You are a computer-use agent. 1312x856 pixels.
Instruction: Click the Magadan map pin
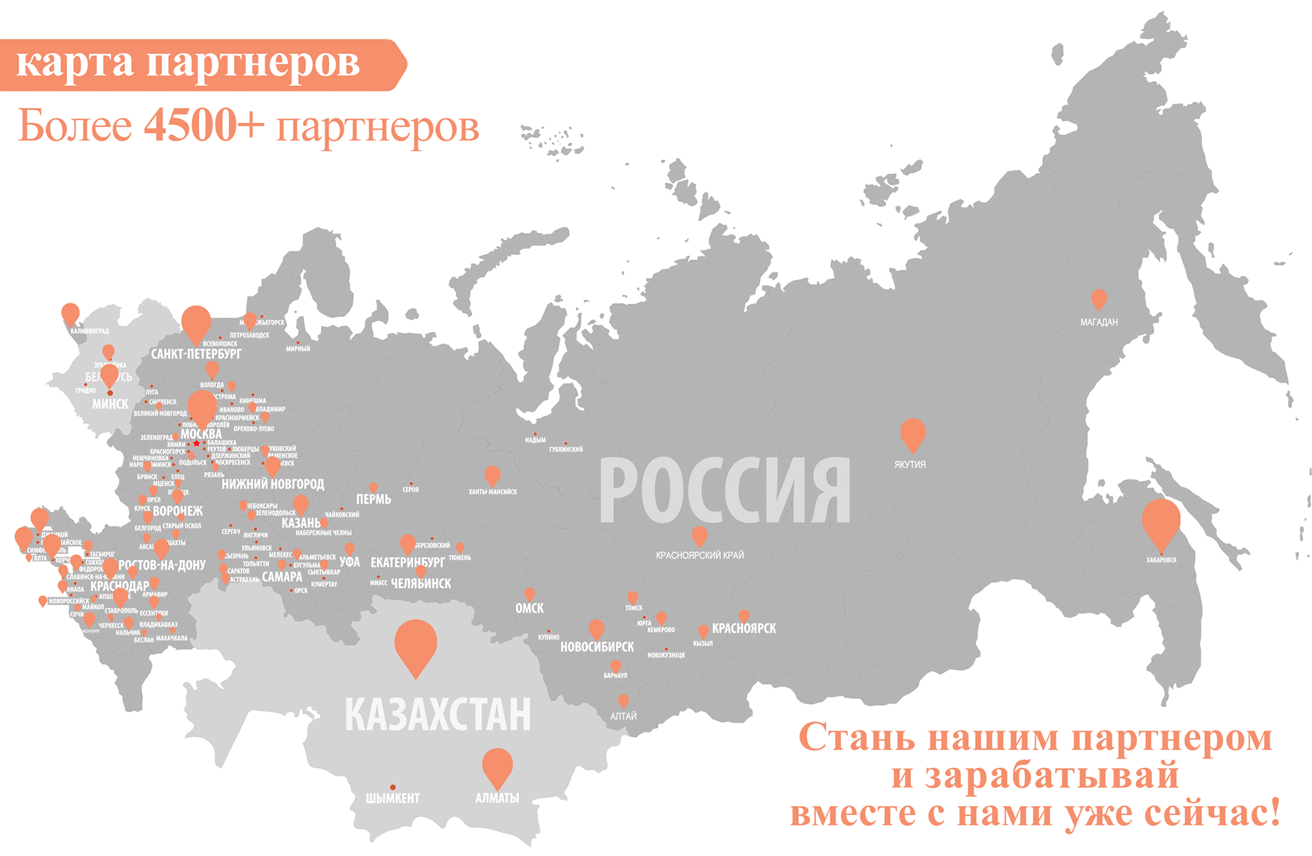pyautogui.click(x=1099, y=299)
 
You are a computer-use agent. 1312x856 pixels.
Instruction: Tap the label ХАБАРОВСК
pyautogui.click(x=1161, y=560)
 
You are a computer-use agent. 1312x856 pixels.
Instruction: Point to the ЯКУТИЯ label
pyautogui.click(x=910, y=465)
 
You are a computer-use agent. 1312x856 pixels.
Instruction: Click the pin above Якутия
pyautogui.click(x=913, y=432)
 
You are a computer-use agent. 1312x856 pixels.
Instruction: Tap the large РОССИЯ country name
pyautogui.click(x=725, y=491)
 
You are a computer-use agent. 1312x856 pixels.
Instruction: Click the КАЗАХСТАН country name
pyautogui.click(x=437, y=715)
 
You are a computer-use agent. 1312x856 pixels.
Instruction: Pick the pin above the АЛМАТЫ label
pyautogui.click(x=497, y=766)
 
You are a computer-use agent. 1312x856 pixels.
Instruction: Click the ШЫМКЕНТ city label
pyautogui.click(x=393, y=798)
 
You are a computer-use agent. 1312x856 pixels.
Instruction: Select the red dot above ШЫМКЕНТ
pyautogui.click(x=393, y=788)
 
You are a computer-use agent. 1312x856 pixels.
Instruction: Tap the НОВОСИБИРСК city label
pyautogui.click(x=597, y=646)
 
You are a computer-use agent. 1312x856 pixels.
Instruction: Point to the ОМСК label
pyautogui.click(x=530, y=608)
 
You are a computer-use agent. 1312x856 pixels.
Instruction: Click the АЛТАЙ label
pyautogui.click(x=623, y=716)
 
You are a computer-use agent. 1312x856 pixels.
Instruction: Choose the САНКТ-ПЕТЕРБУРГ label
pyautogui.click(x=196, y=354)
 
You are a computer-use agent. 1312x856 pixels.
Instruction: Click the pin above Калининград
pyautogui.click(x=70, y=314)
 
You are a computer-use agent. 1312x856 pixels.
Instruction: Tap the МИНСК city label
pyautogui.click(x=110, y=404)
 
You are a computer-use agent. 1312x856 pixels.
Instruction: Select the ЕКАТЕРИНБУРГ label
pyautogui.click(x=407, y=562)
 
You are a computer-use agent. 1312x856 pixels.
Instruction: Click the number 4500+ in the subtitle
pyautogui.click(x=204, y=125)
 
